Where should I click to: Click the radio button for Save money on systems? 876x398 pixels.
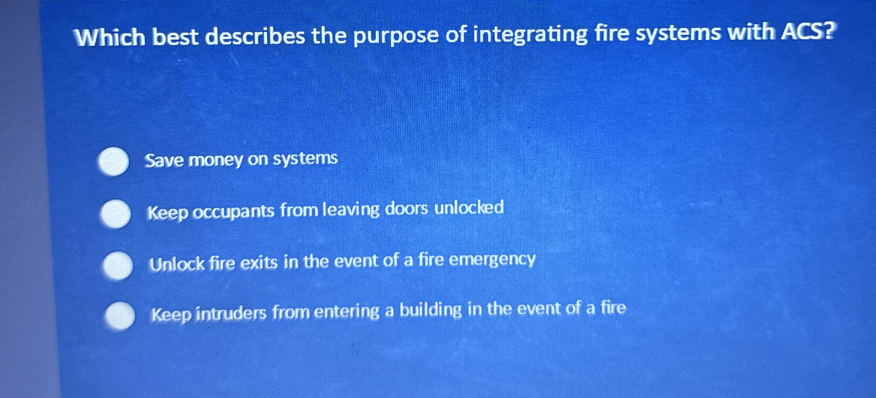pyautogui.click(x=114, y=161)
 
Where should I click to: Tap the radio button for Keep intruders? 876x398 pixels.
pyautogui.click(x=120, y=315)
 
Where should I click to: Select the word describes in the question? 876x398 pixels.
pyautogui.click(x=255, y=37)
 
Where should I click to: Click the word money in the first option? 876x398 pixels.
pyautogui.click(x=215, y=160)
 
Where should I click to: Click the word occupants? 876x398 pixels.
pyautogui.click(x=233, y=212)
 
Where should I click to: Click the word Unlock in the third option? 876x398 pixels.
pyautogui.click(x=177, y=264)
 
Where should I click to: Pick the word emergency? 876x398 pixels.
pyautogui.click(x=492, y=260)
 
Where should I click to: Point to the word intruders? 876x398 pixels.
pyautogui.click(x=231, y=313)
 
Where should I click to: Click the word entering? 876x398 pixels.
pyautogui.click(x=346, y=312)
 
